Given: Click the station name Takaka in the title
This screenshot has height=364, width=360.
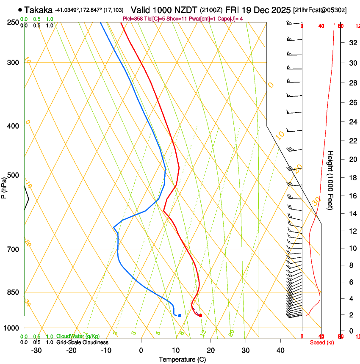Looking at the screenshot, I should (x=39, y=10).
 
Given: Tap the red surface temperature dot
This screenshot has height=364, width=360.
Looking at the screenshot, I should (x=200, y=315).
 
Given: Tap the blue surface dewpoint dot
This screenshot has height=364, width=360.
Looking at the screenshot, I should (x=180, y=315).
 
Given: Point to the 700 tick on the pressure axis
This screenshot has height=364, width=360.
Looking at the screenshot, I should (x=13, y=249).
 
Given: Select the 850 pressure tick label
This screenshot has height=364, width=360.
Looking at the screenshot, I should (x=13, y=292).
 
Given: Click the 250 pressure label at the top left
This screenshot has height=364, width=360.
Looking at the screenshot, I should (x=13, y=22).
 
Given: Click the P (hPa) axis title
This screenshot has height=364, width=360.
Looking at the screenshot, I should (x=4, y=186).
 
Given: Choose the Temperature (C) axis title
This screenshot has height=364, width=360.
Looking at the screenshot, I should (x=182, y=360).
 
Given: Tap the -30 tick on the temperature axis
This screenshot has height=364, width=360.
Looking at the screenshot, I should (x=36, y=350).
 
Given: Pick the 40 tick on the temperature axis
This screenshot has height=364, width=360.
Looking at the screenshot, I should (x=280, y=350).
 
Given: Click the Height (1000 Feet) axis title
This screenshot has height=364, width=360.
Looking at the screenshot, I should (x=330, y=180).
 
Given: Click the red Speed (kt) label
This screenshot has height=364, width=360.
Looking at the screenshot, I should (x=322, y=342).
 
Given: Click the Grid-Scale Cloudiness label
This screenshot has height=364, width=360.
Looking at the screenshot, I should (x=82, y=342).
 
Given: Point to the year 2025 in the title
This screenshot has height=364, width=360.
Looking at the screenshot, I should (x=280, y=10).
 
